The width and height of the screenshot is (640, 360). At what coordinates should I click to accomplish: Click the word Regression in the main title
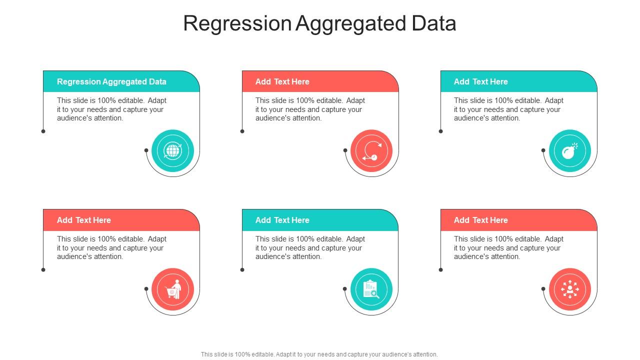click(237, 23)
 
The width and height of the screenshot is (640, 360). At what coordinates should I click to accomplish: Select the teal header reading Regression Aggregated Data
click(111, 81)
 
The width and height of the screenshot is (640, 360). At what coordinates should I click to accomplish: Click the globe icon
click(172, 150)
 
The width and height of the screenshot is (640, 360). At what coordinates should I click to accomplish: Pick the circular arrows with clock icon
click(371, 150)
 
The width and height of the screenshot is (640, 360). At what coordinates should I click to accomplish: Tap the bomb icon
click(569, 150)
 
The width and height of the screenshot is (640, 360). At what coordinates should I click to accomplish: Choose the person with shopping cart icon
click(172, 289)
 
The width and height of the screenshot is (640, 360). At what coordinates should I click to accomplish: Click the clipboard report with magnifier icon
click(371, 289)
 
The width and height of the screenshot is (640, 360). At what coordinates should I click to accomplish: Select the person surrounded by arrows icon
click(569, 289)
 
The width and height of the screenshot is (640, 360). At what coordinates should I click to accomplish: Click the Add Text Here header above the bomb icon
click(480, 81)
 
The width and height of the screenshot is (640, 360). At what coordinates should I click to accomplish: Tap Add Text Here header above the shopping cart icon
click(84, 220)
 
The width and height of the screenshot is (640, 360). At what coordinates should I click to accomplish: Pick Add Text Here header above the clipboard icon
click(282, 220)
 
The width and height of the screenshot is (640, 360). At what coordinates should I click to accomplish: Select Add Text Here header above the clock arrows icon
click(282, 81)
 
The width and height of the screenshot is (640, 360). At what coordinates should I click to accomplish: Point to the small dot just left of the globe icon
click(146, 150)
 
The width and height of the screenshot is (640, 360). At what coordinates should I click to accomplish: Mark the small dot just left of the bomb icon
click(543, 150)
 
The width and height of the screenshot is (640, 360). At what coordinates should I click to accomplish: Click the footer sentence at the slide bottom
click(319, 354)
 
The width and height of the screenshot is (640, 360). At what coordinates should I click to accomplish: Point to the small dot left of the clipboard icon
click(344, 288)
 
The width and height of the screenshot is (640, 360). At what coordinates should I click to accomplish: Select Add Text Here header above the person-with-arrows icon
click(480, 220)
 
